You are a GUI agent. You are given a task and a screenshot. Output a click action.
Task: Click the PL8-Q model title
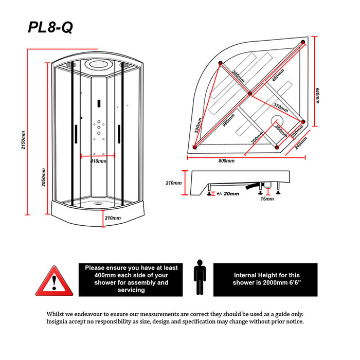tap(50, 27)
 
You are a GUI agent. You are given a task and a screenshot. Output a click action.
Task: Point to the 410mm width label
tap(98, 161)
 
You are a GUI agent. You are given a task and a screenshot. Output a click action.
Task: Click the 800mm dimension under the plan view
tap(226, 161)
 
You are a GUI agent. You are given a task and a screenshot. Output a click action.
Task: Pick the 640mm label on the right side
tap(318, 96)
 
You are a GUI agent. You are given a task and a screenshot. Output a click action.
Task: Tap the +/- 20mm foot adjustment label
tap(226, 194)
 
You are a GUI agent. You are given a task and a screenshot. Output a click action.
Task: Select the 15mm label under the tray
tap(267, 199)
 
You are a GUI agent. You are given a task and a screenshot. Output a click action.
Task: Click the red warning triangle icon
tap(54, 279)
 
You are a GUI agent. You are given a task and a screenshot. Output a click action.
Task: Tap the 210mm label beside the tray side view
tap(174, 183)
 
